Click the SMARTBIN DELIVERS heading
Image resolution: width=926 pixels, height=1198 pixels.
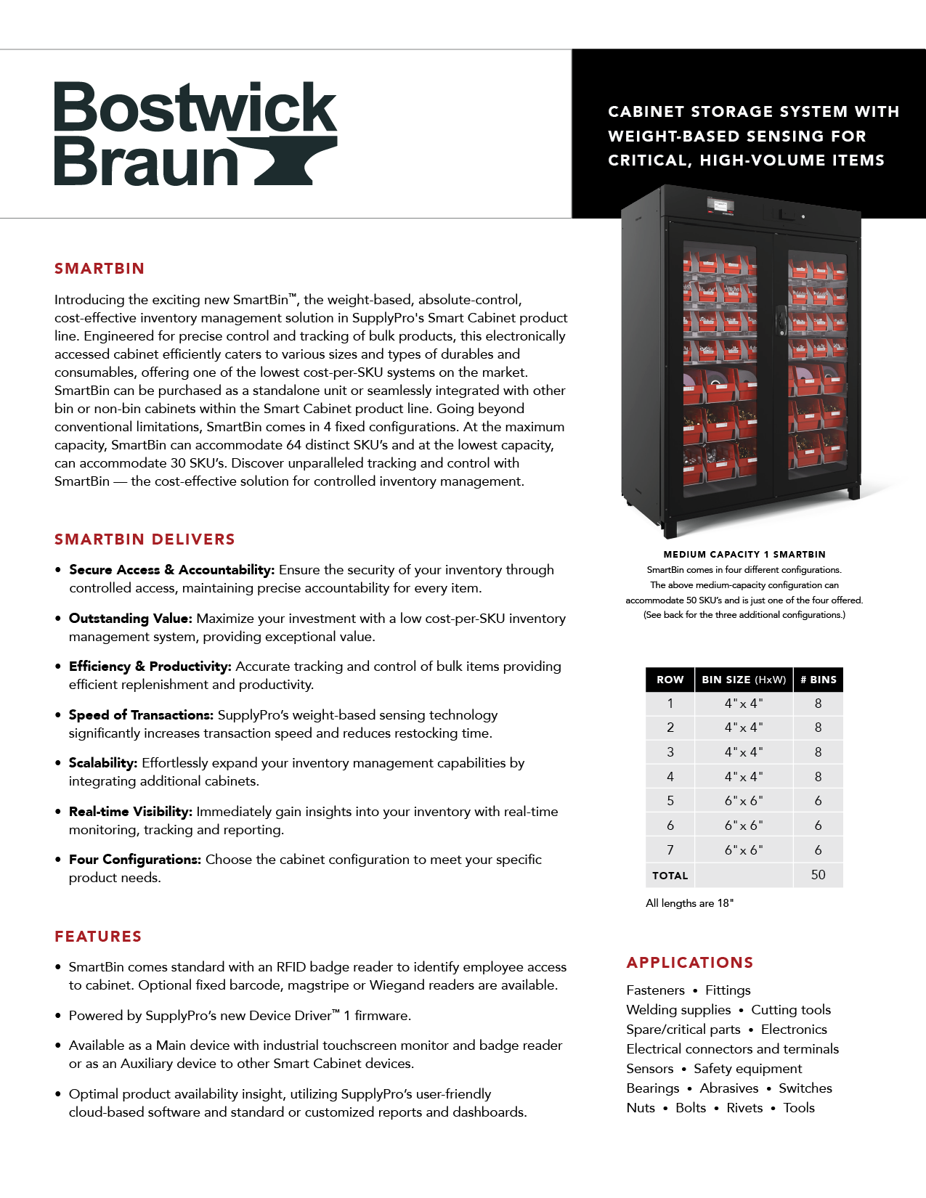[x=145, y=539]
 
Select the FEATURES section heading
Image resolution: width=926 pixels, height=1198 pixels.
[x=98, y=937]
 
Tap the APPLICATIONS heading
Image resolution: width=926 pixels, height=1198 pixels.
[x=689, y=963]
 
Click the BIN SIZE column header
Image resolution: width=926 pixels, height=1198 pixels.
[x=743, y=680]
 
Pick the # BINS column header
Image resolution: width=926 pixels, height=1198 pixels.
[x=818, y=680]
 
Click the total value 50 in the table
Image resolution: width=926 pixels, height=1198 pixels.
[x=818, y=875]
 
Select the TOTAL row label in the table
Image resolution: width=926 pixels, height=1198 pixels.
[x=670, y=876]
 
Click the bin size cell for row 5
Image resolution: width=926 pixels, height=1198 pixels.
[x=743, y=801]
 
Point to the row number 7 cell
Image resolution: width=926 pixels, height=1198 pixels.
[x=670, y=849]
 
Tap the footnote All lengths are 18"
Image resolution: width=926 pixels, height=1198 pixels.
[x=689, y=903]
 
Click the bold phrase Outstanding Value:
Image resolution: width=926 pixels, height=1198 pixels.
[x=131, y=619]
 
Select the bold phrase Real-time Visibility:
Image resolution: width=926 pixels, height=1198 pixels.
[x=131, y=812]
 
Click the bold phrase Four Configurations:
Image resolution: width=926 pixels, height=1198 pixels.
[x=135, y=860]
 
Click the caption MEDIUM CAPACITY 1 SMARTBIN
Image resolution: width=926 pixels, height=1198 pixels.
[x=744, y=555]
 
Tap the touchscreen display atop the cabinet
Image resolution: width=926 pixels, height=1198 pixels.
[x=720, y=205]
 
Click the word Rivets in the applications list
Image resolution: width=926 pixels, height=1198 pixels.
[x=744, y=1108]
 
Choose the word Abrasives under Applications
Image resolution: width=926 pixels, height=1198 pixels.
[x=728, y=1088]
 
